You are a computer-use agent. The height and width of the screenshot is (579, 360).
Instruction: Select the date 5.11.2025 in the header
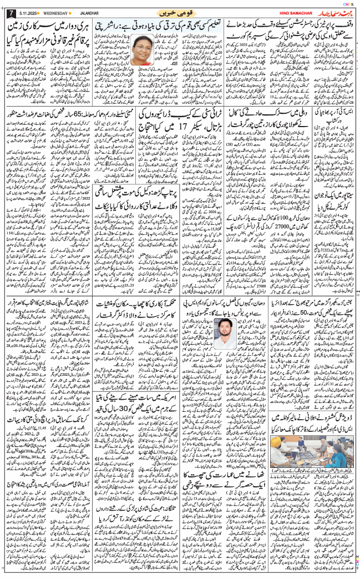[x=27, y=13]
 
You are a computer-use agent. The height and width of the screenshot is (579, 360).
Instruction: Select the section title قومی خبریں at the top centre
[x=179, y=12]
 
